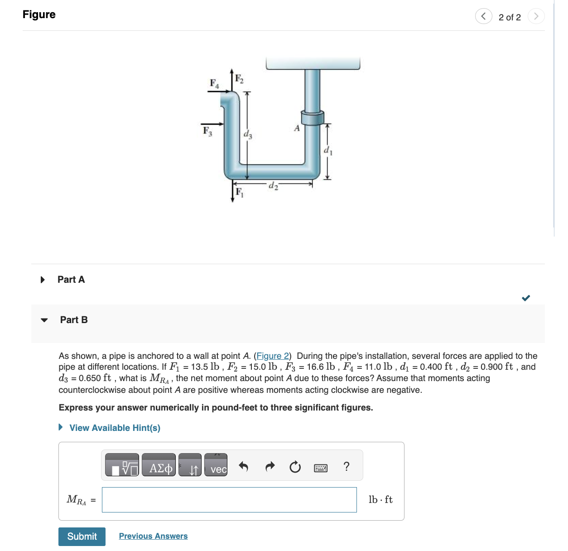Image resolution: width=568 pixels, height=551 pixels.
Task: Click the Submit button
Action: (x=82, y=536)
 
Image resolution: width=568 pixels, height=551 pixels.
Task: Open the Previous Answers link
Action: (x=153, y=536)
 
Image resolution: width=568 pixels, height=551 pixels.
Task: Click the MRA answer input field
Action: (x=229, y=500)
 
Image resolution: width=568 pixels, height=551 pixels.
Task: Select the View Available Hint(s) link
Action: (x=115, y=428)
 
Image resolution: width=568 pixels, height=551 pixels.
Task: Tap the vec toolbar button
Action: (x=216, y=465)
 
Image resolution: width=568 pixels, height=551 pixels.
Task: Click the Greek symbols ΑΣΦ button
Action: (x=159, y=465)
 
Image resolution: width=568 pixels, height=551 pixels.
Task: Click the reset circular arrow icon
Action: (x=295, y=467)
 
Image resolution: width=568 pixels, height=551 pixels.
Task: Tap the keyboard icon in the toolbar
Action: (x=321, y=468)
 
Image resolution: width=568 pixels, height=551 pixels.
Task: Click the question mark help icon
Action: (x=347, y=466)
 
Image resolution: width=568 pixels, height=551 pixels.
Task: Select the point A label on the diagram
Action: (x=297, y=128)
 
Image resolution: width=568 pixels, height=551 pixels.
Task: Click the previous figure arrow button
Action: (x=483, y=16)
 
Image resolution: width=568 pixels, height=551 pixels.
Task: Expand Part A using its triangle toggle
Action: (x=43, y=280)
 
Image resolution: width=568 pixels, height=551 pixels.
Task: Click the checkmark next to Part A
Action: (x=526, y=298)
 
